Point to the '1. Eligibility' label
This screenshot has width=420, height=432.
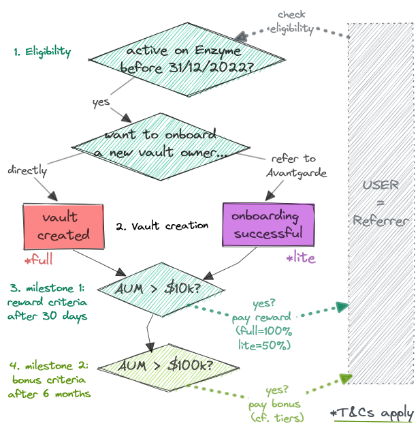pos(42,52)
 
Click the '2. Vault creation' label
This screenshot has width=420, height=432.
pos(162,226)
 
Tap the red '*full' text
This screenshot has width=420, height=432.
pos(39,260)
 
